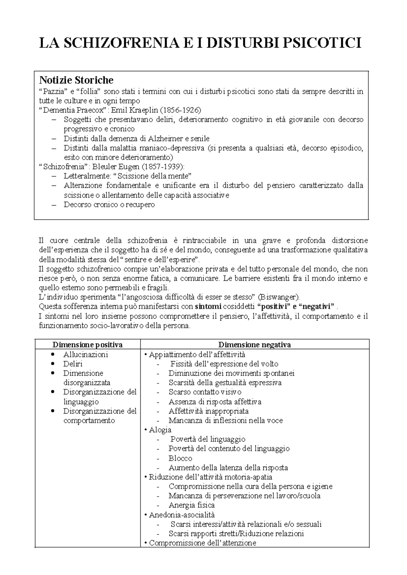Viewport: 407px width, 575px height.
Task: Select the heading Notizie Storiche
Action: tap(76, 80)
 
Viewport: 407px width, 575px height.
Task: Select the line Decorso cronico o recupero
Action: tap(109, 205)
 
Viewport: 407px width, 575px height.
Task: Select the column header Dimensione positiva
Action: tap(88, 345)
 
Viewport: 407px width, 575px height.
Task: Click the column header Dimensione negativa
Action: tap(254, 345)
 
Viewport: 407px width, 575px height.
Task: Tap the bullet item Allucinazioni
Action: tap(85, 355)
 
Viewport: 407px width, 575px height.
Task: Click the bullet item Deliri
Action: tap(73, 364)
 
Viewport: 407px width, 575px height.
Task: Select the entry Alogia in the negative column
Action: tap(160, 430)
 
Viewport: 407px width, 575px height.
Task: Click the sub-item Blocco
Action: tap(180, 458)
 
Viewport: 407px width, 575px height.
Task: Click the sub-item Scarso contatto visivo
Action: tap(205, 392)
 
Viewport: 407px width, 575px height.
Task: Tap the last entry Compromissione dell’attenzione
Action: tap(202, 543)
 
